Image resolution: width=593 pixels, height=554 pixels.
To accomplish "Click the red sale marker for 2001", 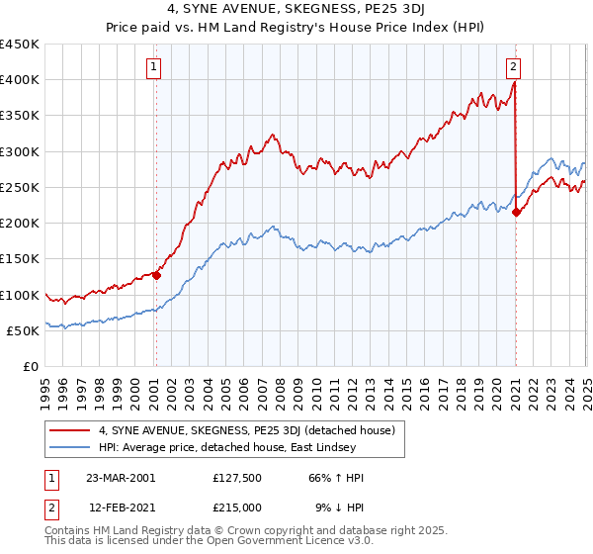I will tap(156, 275).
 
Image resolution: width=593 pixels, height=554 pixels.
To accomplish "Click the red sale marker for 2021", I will tap(516, 212).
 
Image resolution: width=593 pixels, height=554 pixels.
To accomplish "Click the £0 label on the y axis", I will tap(32, 367).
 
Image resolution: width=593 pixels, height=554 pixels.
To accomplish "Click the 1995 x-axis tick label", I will tap(45, 386).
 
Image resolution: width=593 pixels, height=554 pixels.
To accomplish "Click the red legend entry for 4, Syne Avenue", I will tap(246, 430).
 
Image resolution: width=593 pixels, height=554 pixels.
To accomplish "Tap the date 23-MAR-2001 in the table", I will tap(121, 478).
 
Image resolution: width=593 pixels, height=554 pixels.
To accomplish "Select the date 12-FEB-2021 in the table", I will tap(120, 508).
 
